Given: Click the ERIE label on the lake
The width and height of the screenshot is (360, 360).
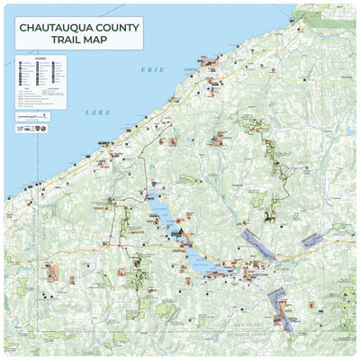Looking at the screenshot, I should pos(148,69).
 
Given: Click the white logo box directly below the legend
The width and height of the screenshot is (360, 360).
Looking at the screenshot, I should pos(33,116).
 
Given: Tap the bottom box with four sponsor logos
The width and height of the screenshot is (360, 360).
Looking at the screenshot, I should pos(33,127).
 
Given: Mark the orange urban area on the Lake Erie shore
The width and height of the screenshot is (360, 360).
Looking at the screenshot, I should pos(209,62).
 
